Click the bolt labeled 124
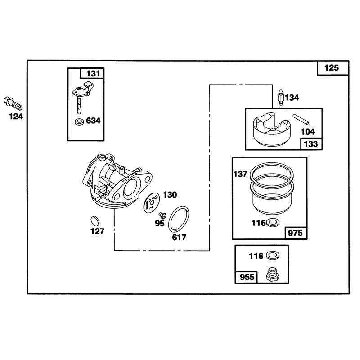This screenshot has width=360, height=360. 13,104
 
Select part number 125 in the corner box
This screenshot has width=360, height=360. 332,68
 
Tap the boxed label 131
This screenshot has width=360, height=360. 93,74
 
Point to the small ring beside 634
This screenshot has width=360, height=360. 80,121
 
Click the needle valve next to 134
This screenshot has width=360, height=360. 281,97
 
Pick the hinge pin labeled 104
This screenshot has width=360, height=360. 301,119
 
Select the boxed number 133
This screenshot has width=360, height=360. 310,144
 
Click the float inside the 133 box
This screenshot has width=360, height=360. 272,130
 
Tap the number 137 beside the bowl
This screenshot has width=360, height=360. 240,174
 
